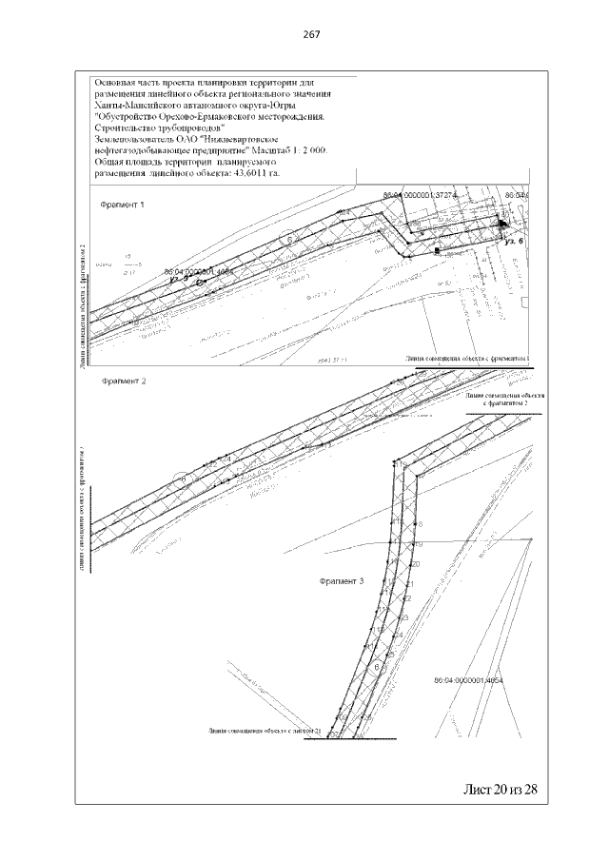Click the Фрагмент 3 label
pyautogui.click(x=341, y=580)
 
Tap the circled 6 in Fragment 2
pyautogui.click(x=181, y=479)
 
